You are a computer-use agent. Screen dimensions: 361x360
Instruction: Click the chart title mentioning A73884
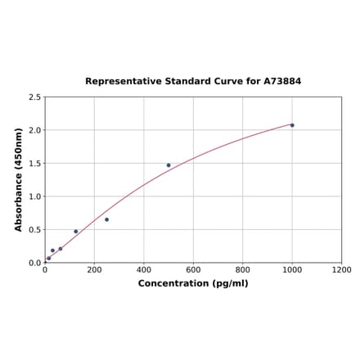[x=193, y=82]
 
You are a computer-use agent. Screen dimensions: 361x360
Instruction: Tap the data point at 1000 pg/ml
[x=292, y=125]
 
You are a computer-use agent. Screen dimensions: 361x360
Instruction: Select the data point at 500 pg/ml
[x=169, y=165]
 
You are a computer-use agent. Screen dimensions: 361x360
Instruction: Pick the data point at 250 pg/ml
[x=106, y=219]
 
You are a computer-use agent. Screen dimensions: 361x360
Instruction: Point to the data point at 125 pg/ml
[x=76, y=232]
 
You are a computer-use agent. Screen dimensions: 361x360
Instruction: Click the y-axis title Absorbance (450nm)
[x=19, y=179]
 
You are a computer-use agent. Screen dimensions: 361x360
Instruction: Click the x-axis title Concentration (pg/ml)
[x=193, y=283]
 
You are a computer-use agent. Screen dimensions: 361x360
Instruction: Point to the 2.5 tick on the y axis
[x=35, y=97]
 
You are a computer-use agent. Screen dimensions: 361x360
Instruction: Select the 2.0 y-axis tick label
[x=35, y=130]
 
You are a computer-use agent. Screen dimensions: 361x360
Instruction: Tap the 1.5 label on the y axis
[x=35, y=164]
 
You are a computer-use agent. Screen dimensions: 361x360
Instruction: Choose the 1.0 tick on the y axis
[x=35, y=196]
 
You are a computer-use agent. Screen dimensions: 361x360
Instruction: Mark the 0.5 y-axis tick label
[x=35, y=230]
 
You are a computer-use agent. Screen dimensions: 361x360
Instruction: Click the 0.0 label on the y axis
[x=35, y=263]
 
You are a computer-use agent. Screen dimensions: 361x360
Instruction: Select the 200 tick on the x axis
[x=94, y=270]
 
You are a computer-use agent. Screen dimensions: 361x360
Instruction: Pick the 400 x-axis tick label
[x=144, y=270]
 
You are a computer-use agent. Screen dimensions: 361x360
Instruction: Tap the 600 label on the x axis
[x=193, y=270]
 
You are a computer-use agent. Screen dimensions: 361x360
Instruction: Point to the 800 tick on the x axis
[x=243, y=270]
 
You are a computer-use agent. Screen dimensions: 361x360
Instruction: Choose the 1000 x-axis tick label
[x=292, y=270]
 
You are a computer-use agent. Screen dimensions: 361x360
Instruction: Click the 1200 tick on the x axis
[x=342, y=270]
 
